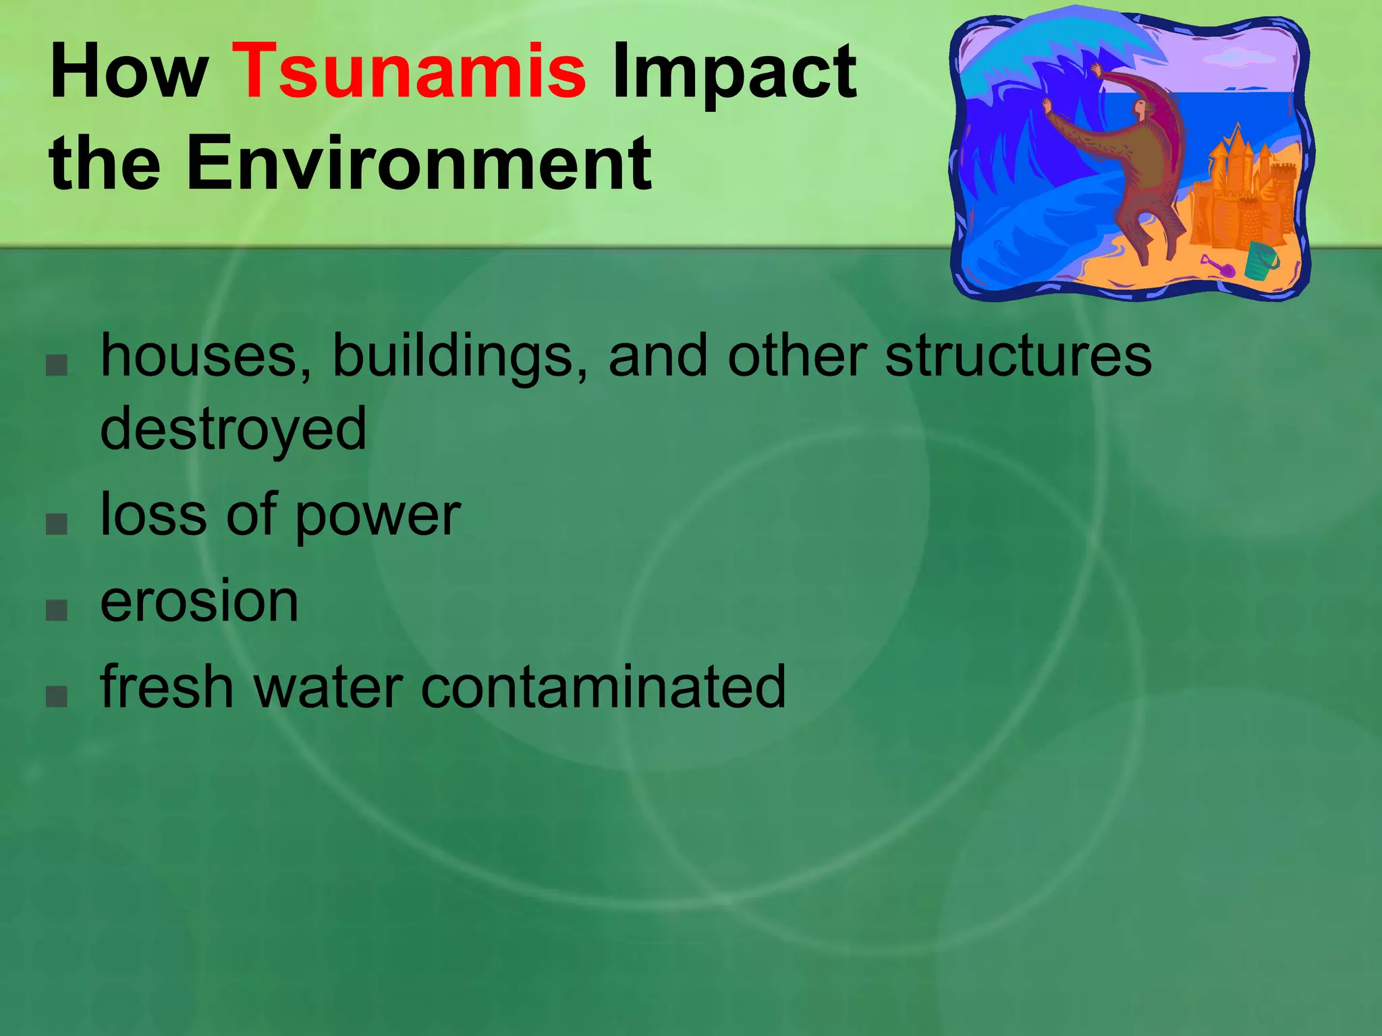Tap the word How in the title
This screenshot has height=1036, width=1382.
tap(129, 71)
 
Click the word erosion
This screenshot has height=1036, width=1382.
tap(200, 602)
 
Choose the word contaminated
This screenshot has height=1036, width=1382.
tap(603, 687)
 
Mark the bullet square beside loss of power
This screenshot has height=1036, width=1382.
tap(57, 525)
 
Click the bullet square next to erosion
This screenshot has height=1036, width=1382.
tap(57, 610)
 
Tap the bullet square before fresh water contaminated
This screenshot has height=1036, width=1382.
tap(57, 695)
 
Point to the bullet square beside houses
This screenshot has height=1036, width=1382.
tap(57, 365)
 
